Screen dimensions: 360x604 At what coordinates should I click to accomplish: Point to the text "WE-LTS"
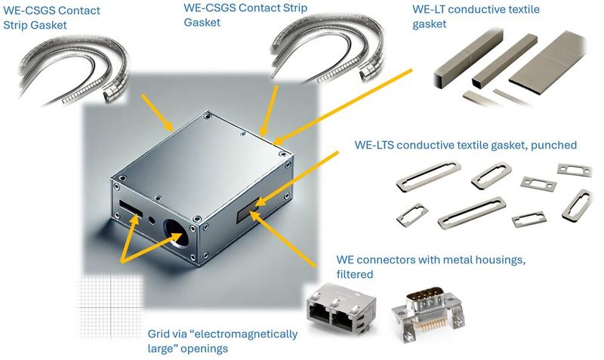(x=375, y=144)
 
